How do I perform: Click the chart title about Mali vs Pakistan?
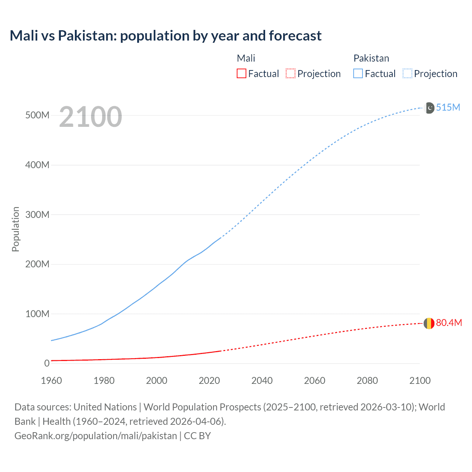(166, 36)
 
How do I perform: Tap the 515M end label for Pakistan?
(448, 107)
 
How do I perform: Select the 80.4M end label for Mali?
(449, 323)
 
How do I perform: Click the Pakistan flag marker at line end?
(430, 108)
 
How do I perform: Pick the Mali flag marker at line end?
(429, 323)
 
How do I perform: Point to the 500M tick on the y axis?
(37, 115)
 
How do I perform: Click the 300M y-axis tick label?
(37, 215)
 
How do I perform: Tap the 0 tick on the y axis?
(47, 363)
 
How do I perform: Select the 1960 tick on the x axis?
(51, 381)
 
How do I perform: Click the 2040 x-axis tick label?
(262, 381)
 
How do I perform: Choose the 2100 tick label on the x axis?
(420, 381)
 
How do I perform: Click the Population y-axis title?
(15, 229)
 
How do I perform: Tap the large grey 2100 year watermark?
(90, 117)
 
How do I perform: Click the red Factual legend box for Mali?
(241, 74)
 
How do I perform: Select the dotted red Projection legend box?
(291, 74)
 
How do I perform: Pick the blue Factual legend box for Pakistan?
(358, 74)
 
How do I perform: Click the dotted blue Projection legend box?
(407, 74)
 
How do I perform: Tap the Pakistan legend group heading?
(371, 58)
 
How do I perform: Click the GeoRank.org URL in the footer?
(96, 435)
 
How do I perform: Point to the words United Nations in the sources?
(105, 407)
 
